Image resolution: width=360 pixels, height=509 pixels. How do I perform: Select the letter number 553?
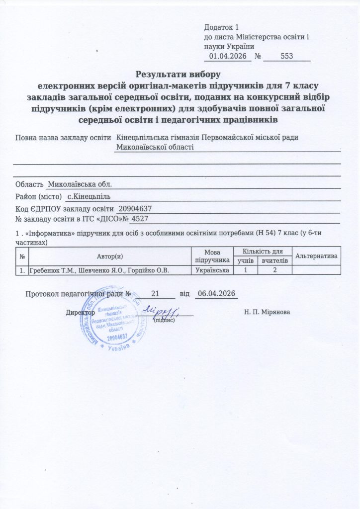pyautogui.click(x=287, y=56)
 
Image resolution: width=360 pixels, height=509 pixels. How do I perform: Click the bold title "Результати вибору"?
pyautogui.click(x=180, y=75)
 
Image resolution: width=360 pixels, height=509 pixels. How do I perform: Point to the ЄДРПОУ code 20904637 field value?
pyautogui.click(x=135, y=208)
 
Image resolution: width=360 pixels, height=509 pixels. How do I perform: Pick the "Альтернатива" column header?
pyautogui.click(x=317, y=255)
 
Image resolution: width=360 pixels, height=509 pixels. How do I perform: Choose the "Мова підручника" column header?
pyautogui.click(x=212, y=255)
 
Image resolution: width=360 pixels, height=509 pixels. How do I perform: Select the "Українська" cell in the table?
pyautogui.click(x=212, y=270)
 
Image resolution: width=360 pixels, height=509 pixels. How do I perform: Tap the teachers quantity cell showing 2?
pyautogui.click(x=273, y=270)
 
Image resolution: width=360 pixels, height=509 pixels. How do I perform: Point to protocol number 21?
pyautogui.click(x=155, y=293)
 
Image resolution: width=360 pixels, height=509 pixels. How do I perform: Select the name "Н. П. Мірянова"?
pyautogui.click(x=268, y=312)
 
